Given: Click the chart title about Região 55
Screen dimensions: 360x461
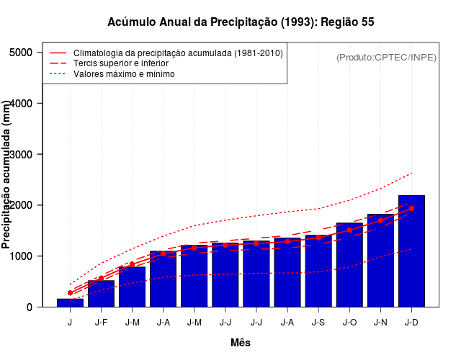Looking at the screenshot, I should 241,22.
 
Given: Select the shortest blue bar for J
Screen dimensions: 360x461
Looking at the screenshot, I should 70,302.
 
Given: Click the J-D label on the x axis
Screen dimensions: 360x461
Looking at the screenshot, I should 411,323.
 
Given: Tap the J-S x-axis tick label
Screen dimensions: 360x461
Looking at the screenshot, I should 318,323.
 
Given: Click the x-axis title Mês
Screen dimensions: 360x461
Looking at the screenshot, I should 241,343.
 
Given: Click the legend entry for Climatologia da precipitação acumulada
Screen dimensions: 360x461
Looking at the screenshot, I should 178,53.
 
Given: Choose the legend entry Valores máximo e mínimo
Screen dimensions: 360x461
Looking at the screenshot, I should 123,73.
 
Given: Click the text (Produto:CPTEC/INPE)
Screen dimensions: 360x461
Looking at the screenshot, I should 386,57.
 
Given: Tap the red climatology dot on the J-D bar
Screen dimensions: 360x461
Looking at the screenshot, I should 411,208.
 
